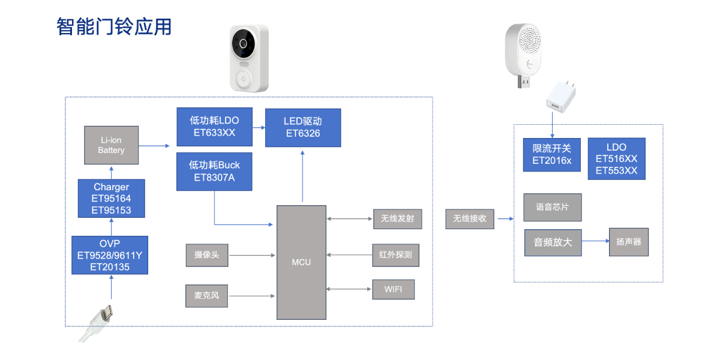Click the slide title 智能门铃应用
[x=114, y=27]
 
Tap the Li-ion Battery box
[x=111, y=145]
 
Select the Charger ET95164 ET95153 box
[x=111, y=199]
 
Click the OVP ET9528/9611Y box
[x=109, y=255]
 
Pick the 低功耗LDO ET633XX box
[x=214, y=127]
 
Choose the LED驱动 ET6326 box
[x=303, y=127]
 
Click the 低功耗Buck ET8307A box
[x=214, y=171]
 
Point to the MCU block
[x=301, y=262]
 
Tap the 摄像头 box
[x=207, y=255]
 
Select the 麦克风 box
[x=207, y=296]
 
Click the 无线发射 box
[x=397, y=219]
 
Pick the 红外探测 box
[x=395, y=255]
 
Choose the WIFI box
[x=393, y=290]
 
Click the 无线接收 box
[x=470, y=219]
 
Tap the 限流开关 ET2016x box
[x=552, y=154]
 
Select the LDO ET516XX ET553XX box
[x=616, y=158]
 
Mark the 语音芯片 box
[x=553, y=207]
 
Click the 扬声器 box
[x=628, y=242]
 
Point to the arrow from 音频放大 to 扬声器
[x=595, y=242]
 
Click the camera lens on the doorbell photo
[x=244, y=44]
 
